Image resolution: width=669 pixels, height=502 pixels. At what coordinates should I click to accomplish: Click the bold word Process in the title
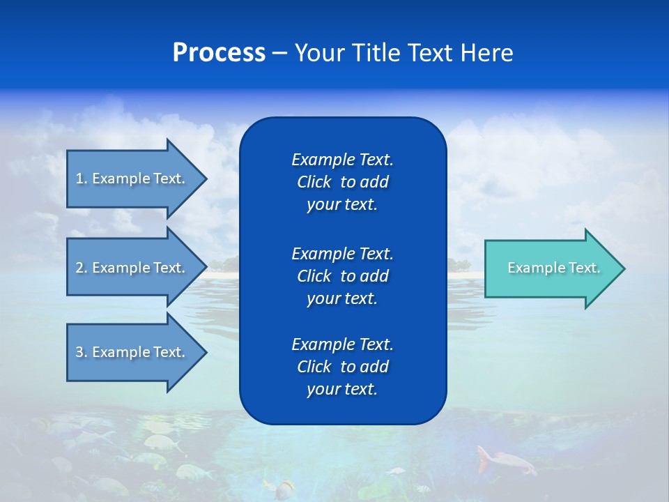click(219, 53)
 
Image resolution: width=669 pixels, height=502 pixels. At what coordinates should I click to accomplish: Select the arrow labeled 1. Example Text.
click(132, 178)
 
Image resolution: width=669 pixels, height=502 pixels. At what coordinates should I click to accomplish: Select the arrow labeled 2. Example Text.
click(132, 268)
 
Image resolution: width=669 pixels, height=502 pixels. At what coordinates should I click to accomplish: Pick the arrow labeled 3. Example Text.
click(132, 352)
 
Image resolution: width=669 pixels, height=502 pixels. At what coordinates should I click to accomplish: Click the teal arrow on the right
click(551, 268)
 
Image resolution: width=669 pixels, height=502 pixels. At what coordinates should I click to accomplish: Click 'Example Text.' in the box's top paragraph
click(342, 160)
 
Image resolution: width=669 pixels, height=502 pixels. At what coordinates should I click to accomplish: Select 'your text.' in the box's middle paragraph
click(342, 298)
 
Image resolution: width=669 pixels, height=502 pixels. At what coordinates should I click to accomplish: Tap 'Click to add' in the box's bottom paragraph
click(342, 367)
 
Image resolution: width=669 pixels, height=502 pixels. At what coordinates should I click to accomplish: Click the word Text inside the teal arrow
click(584, 268)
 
